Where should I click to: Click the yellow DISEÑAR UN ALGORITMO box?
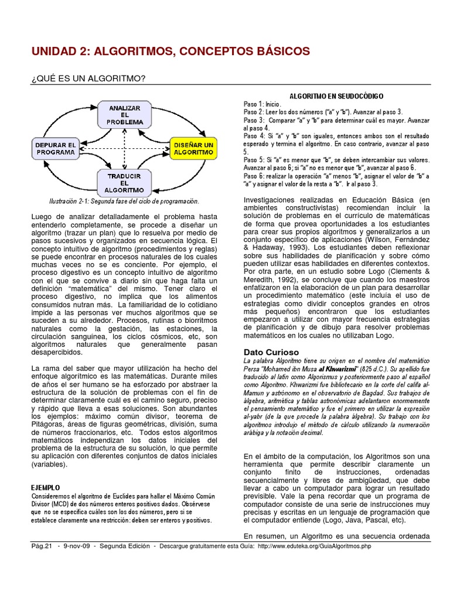click(193, 148)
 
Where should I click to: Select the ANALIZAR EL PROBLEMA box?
click(125, 115)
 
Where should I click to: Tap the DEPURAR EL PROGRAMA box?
click(56, 148)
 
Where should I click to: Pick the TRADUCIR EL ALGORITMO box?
click(125, 182)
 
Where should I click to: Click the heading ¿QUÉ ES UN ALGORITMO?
click(88, 79)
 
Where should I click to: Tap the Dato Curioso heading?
click(271, 352)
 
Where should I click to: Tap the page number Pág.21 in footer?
click(42, 546)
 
